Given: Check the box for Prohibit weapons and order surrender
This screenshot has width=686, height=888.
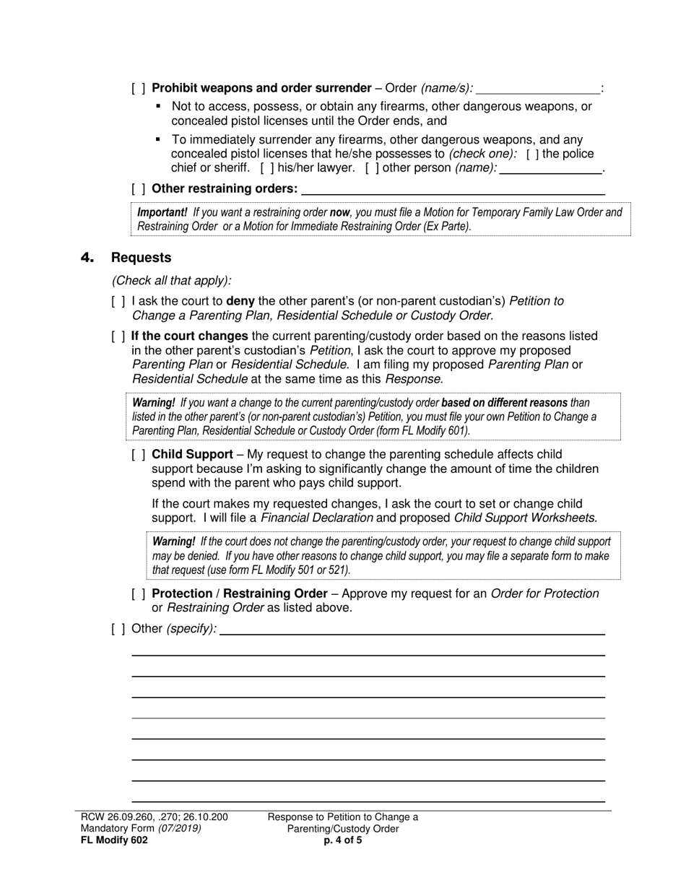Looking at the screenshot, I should (x=139, y=88).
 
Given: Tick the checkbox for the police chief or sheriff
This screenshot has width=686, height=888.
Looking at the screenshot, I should (x=532, y=154).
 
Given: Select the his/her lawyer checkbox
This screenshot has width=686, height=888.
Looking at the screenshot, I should (x=266, y=168).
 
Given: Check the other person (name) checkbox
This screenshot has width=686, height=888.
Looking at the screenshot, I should (x=373, y=168).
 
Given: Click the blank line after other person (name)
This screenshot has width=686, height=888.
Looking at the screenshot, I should (x=551, y=169).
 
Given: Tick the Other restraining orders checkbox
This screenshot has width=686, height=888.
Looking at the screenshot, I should (x=139, y=189).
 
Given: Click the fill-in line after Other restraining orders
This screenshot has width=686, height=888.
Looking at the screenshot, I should (x=453, y=190).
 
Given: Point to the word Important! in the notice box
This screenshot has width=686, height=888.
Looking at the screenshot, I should (x=162, y=212).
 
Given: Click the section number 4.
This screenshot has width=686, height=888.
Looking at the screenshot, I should (x=87, y=258).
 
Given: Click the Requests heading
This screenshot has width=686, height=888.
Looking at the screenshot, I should (x=142, y=258).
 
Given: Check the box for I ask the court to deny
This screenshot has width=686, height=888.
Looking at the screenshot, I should (x=118, y=301).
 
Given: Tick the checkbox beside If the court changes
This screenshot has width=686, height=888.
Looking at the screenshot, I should (x=118, y=336).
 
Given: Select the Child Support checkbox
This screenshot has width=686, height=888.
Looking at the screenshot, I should (x=139, y=455).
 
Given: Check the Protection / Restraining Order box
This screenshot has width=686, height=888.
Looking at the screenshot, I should (x=139, y=594).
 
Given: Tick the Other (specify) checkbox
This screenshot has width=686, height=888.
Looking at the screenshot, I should (x=118, y=629).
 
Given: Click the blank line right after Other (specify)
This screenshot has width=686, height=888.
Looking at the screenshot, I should (x=412, y=630).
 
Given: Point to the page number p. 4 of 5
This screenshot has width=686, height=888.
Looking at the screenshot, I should (x=343, y=840).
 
